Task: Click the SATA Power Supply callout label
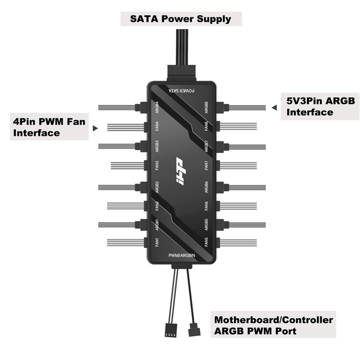180,19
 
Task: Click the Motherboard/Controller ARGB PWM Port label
274,326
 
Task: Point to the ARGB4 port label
157,108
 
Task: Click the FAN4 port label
157,126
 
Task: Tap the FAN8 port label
206,126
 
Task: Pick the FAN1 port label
157,243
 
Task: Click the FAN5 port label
206,243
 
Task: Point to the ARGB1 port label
157,224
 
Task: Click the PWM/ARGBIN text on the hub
182,255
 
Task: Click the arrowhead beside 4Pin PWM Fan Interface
95,128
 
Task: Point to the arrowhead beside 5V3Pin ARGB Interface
274,108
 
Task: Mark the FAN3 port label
157,165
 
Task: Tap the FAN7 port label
206,165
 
